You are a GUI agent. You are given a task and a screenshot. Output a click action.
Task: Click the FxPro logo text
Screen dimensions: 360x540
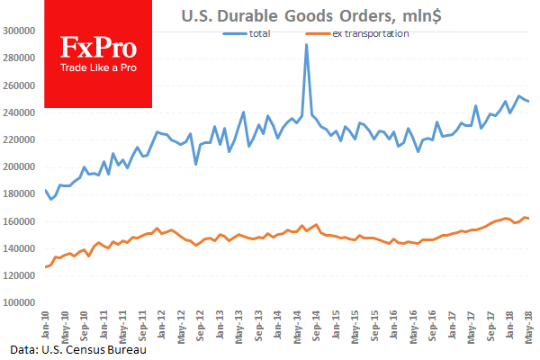click(x=94, y=47)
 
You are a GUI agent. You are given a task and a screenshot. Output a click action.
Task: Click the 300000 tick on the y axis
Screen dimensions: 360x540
click(x=19, y=31)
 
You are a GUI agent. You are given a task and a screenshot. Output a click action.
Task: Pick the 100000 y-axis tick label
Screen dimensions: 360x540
click(x=19, y=303)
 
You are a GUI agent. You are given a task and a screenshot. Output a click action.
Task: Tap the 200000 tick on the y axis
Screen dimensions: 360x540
click(x=19, y=167)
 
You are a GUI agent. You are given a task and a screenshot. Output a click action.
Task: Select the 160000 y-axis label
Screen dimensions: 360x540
click(x=19, y=221)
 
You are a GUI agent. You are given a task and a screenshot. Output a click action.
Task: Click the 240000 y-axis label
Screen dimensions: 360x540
click(x=19, y=112)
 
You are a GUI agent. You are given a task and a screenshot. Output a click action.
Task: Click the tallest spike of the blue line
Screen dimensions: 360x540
click(x=307, y=44)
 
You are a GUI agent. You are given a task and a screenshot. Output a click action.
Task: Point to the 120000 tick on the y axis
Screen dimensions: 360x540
click(x=19, y=276)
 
